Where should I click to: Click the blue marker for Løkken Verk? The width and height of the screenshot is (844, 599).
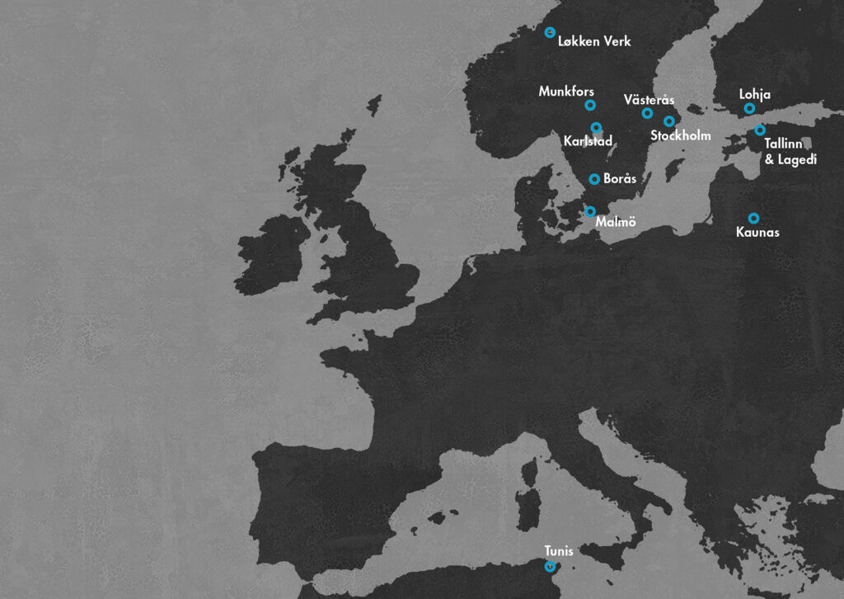point(550,32)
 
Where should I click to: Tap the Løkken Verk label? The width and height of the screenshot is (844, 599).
point(594,40)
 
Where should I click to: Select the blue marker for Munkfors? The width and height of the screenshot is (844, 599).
point(590,105)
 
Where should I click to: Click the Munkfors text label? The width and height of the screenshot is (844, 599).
point(566,91)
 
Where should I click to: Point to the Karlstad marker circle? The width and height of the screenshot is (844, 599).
point(597,127)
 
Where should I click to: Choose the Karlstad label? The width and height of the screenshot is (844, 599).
point(588,142)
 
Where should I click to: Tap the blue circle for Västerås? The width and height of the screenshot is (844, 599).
point(647,113)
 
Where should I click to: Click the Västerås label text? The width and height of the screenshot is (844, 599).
point(649,100)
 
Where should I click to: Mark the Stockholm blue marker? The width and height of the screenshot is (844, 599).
point(668,121)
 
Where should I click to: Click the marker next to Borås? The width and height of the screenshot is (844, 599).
point(594,178)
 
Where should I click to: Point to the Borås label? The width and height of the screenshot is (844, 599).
point(619,178)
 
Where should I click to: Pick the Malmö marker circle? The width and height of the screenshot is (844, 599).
point(589,211)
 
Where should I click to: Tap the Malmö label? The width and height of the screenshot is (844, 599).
point(615,221)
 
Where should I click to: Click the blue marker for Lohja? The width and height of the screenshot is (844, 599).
point(749,108)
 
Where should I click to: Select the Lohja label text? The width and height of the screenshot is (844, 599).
point(755,95)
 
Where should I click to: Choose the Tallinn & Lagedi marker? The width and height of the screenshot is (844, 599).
point(760,130)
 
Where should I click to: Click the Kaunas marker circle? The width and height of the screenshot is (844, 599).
point(753,218)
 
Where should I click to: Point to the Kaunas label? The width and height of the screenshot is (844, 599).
point(757,233)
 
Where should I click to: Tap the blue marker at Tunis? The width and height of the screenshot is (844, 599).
point(550,566)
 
